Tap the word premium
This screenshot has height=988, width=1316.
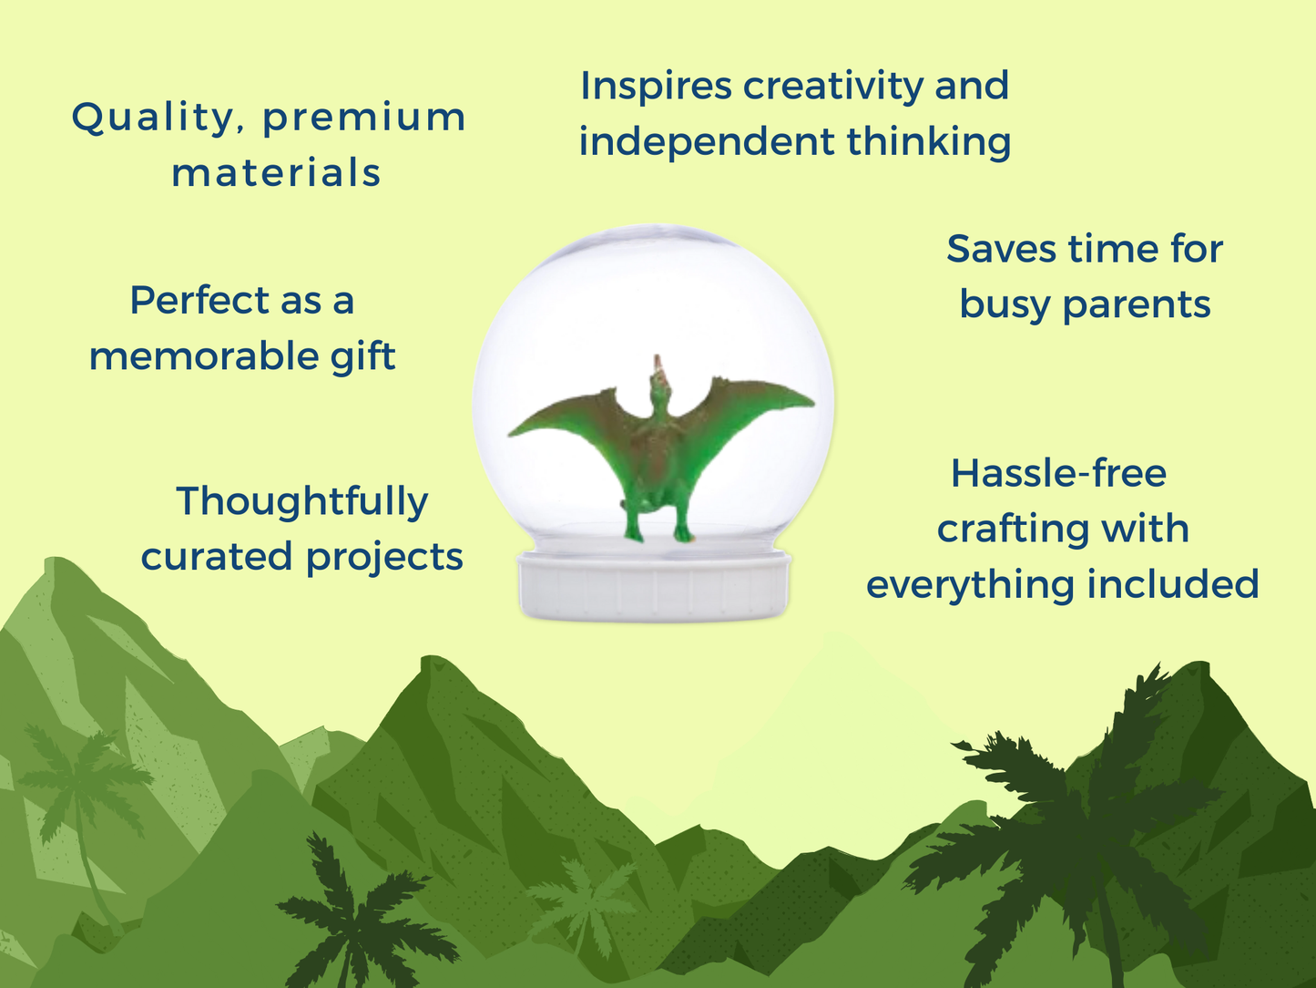pos(364,118)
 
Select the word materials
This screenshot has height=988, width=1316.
pos(276,172)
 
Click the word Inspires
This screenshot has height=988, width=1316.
pos(656,87)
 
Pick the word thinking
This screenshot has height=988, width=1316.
pos(929,143)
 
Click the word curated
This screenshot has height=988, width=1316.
pos(218,557)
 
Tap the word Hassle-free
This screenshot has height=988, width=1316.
pos(1059,473)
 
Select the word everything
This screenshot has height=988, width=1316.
pos(969,585)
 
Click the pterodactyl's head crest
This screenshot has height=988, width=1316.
pos(658,365)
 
